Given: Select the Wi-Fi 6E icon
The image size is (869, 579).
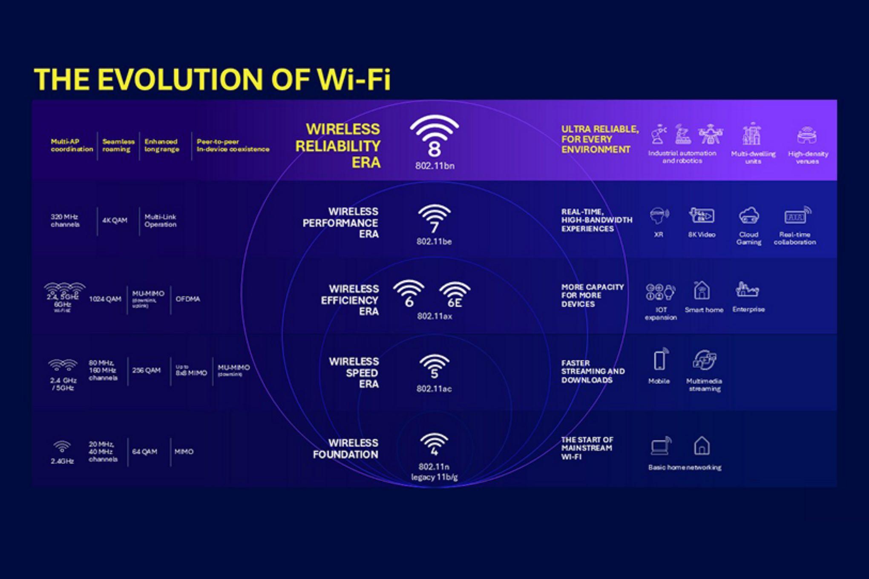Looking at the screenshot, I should coord(455,294).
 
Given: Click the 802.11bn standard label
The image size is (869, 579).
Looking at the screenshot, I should coord(434,166).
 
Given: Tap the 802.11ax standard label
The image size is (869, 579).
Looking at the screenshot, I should coord(434,316).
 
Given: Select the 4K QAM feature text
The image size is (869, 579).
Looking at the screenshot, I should coord(115,220).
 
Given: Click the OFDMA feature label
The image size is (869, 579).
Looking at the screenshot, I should coord(187,299).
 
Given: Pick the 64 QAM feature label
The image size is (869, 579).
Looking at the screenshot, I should coord(144,451).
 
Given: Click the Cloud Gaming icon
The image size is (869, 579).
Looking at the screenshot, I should coord(748,216).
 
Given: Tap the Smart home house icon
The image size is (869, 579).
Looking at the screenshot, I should coord(702,290).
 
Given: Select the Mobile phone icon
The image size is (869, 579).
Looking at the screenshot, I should coord(660,360).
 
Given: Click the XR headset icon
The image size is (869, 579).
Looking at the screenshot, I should coord(659,215).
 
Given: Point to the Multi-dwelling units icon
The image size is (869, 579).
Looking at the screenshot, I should coord(752,135).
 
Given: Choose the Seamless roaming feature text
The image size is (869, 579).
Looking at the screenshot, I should coord(118,145).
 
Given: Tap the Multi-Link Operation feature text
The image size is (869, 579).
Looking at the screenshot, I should coord(160,221).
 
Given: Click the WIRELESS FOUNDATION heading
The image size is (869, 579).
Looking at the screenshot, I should coord(345,449).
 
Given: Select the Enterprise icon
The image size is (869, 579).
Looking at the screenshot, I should coord(748,290).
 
